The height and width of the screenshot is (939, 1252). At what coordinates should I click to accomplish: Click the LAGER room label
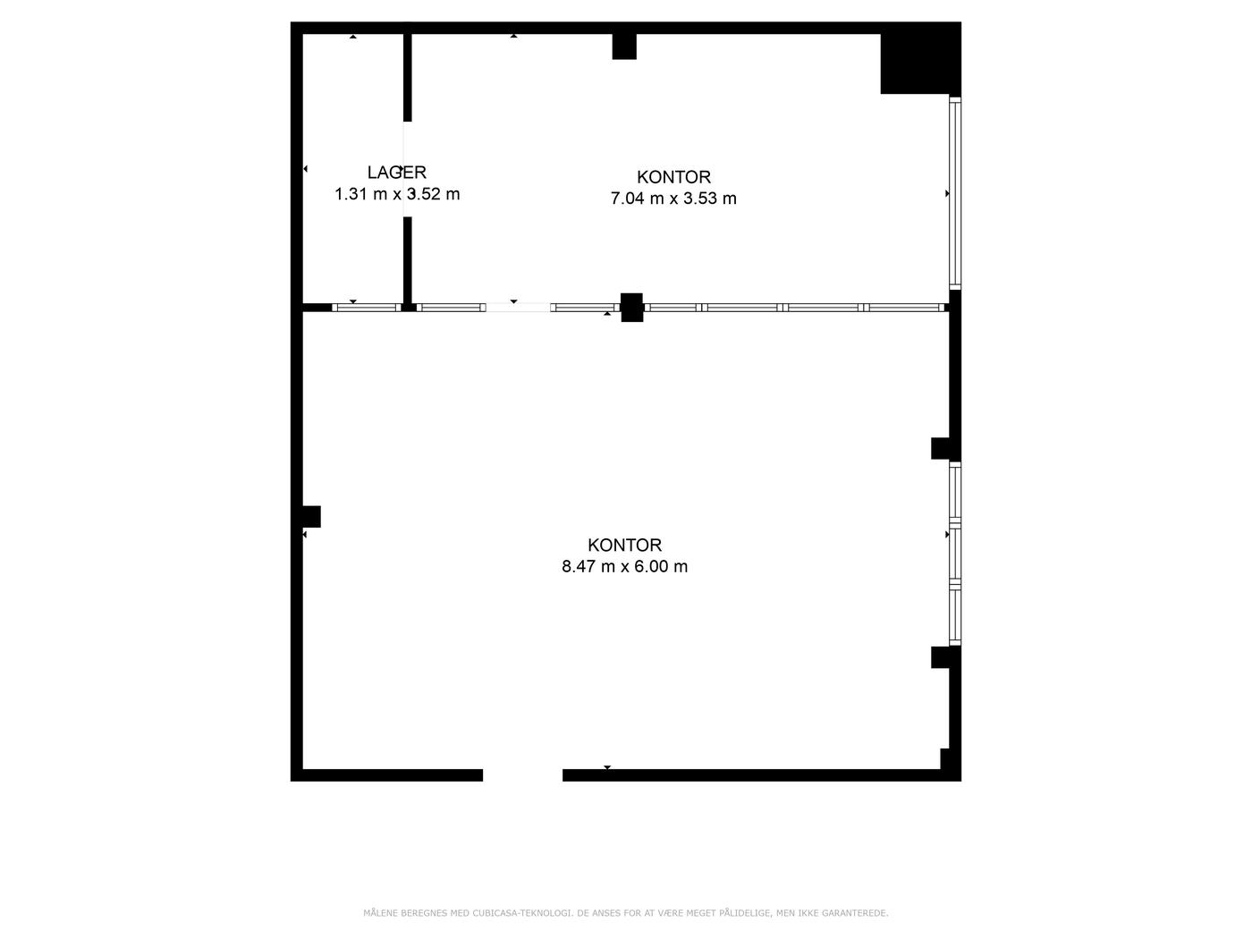coord(396,173)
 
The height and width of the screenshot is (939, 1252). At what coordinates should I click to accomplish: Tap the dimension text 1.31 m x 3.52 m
coord(397,194)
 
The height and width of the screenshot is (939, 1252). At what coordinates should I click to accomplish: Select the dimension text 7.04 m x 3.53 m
coord(673,199)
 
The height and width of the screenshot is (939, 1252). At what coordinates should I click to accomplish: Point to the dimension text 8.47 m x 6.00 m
coord(624,567)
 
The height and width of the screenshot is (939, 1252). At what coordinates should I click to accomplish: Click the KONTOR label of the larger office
coord(624,545)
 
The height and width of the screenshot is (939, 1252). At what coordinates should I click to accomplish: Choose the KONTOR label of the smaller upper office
coord(673,177)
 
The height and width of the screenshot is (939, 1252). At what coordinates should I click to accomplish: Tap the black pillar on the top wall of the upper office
coord(624,47)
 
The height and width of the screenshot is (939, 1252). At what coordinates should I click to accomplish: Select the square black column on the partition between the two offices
coord(631,308)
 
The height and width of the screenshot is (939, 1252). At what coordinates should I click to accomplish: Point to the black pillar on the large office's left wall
coord(311,517)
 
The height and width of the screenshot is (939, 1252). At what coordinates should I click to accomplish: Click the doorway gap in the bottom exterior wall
coord(522,774)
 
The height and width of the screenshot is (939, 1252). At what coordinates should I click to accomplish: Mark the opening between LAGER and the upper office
coord(407,169)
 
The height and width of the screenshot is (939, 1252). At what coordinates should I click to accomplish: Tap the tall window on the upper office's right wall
coord(955,193)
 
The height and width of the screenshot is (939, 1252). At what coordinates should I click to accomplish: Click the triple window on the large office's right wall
coord(955,554)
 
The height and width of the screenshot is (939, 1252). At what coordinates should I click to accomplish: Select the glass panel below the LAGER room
coord(367,308)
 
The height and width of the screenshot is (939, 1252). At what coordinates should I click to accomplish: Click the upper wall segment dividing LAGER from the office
coord(407,78)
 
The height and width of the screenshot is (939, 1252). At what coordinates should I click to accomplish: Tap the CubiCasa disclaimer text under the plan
coord(626,913)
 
